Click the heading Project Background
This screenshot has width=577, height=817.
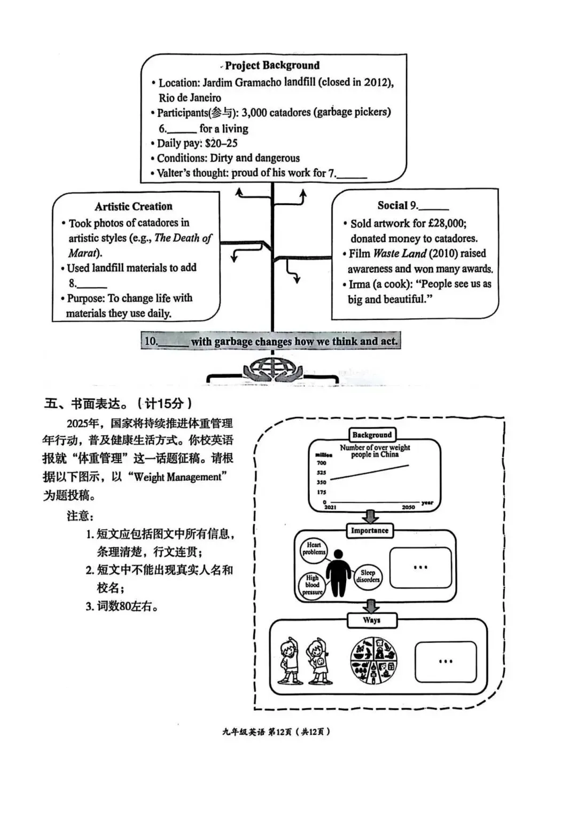(272, 66)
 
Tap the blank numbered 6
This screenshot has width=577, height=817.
(182, 130)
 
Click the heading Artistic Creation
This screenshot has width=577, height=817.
(134, 207)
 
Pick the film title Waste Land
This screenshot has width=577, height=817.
(400, 254)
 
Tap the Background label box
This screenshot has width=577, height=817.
(372, 435)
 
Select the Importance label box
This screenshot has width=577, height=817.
(369, 531)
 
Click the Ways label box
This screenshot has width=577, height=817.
(371, 620)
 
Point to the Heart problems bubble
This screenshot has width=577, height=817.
(314, 549)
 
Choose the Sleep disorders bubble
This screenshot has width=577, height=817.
(368, 576)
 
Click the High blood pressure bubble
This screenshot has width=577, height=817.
(312, 585)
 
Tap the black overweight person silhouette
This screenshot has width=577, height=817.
(339, 574)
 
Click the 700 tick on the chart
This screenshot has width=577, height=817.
(322, 463)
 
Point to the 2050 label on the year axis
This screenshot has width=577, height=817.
(408, 507)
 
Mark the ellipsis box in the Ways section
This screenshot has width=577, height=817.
(446, 662)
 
